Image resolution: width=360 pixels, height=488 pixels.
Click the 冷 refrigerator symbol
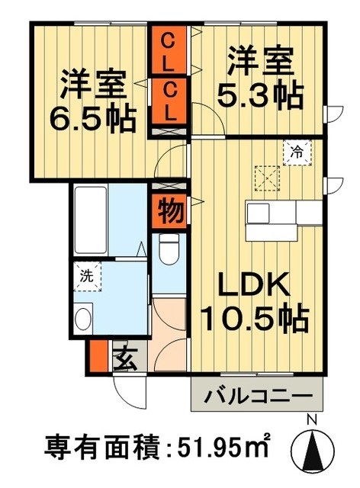point(298,152)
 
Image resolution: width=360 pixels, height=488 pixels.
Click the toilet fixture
point(169,249)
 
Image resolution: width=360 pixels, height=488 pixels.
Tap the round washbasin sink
point(84,317)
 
